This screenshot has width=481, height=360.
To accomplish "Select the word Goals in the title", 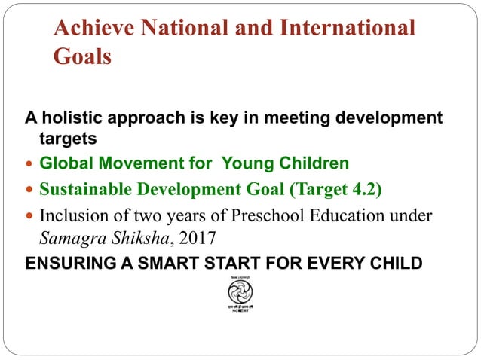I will point(82,57).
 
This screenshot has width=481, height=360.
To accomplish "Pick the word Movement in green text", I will point(139,163).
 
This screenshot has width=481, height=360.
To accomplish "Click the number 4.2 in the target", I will point(364,188).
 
